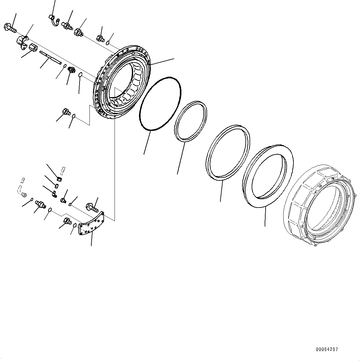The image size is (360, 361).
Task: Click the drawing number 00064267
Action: [327, 349]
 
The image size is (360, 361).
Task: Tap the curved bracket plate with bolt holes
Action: [91, 223]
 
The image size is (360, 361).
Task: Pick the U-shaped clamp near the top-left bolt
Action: [22, 42]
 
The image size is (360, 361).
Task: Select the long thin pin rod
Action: [50, 58]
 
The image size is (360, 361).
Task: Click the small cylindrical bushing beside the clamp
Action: [33, 48]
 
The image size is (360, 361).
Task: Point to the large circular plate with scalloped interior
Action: [122, 82]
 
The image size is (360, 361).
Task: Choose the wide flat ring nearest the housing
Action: [268, 175]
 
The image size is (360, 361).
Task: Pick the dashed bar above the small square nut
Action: [63, 169]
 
